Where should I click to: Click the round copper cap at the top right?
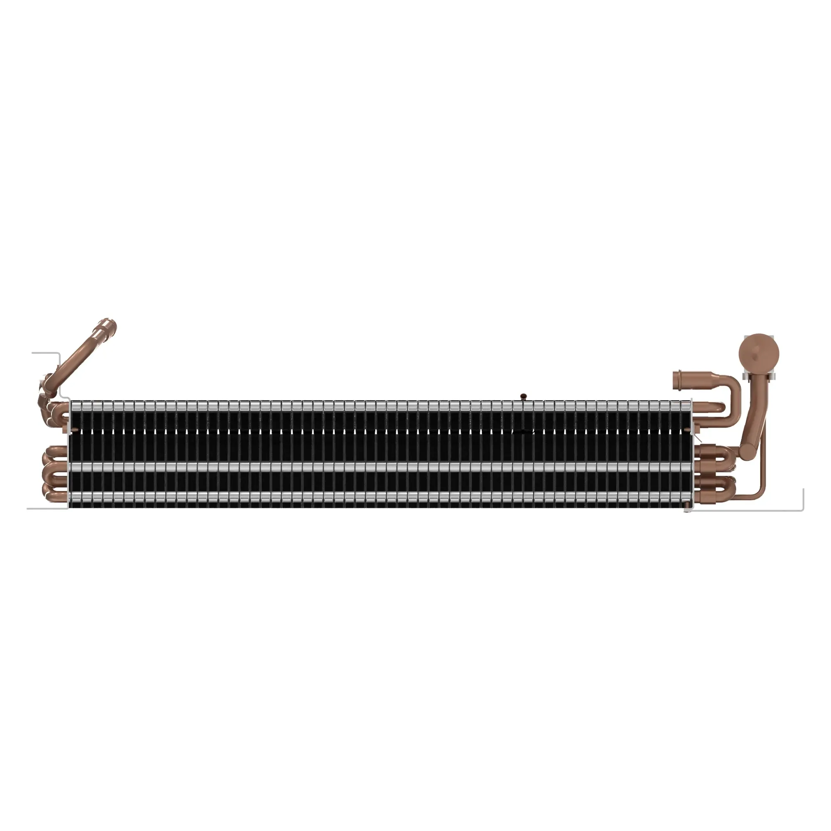click(759, 356)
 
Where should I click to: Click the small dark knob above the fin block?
click(523, 396)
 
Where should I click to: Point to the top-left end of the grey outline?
click(33, 353)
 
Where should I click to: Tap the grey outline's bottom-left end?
click(28, 509)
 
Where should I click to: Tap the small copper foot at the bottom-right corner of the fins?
click(687, 510)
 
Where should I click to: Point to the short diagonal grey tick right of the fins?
click(698, 438)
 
